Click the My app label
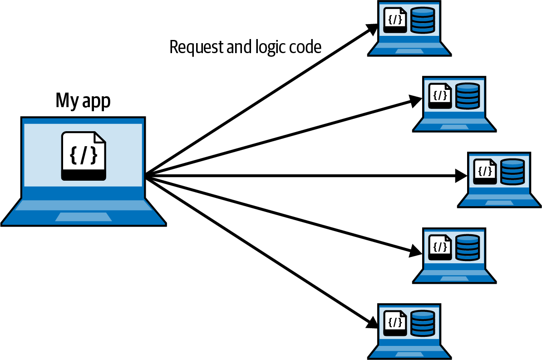(x=83, y=101)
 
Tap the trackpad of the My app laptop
(x=84, y=217)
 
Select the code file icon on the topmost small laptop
(x=395, y=20)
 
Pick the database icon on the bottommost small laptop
(x=423, y=323)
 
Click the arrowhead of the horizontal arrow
(x=461, y=176)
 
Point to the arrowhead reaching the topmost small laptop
(x=373, y=29)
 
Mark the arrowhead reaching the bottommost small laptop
(x=373, y=323)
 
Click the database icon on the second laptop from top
(x=468, y=95)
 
